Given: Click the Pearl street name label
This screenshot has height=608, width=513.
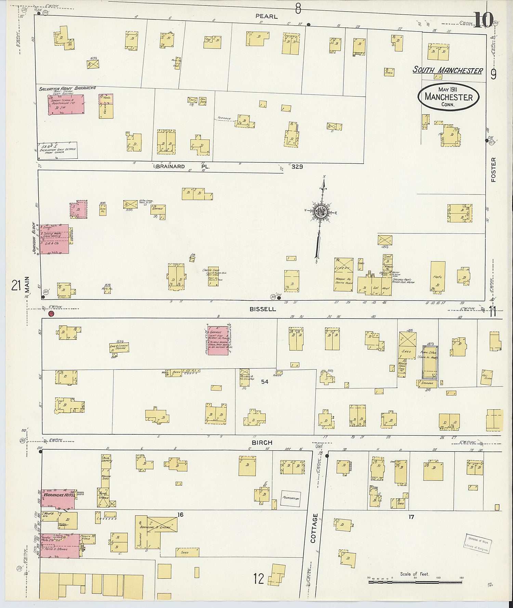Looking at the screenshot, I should tap(266, 16).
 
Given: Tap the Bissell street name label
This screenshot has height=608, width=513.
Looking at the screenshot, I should tap(263, 309).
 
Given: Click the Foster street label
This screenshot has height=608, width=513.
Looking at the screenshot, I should tap(493, 170).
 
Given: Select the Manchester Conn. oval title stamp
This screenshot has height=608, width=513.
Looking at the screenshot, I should tap(448, 97).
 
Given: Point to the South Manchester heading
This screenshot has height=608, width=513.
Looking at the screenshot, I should tap(448, 70).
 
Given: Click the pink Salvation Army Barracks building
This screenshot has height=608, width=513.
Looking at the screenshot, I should tap(66, 105).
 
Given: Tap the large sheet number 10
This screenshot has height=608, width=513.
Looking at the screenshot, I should tap(483, 20).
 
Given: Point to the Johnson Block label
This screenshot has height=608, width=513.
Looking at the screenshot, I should tap(34, 238).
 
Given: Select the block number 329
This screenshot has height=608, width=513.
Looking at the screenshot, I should tap(297, 167).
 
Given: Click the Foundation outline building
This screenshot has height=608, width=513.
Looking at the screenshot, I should tap(290, 499).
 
